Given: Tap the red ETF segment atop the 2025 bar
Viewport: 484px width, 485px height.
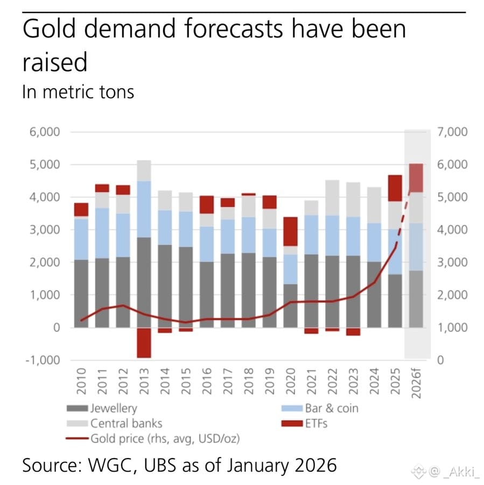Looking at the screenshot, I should pos(395,188).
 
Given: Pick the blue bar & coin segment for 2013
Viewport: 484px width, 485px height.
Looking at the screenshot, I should pos(144,209).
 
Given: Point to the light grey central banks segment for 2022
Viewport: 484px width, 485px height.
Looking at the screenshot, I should pos(332,197).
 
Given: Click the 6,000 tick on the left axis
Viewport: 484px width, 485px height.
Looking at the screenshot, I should pos(45,132).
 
